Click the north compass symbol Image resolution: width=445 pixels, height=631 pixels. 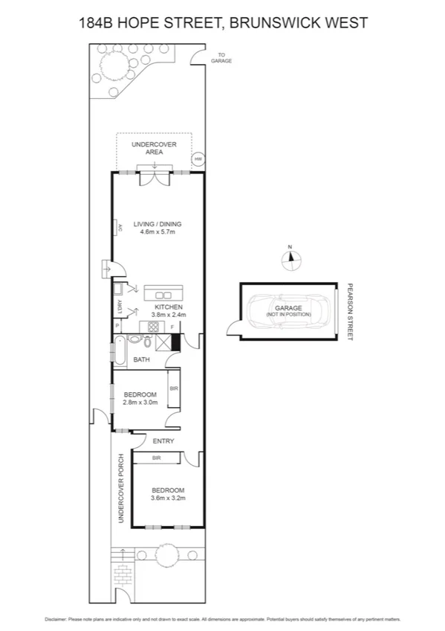coord(291,259)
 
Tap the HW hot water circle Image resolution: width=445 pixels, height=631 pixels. coord(198,159)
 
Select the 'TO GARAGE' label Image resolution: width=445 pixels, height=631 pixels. coord(221,57)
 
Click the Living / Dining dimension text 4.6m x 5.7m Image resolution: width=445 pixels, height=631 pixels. coord(157,232)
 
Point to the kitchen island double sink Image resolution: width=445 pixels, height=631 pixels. coord(163,290)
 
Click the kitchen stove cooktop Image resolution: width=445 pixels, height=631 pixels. coord(155,325)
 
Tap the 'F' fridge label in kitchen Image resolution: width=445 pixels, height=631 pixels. coord(172,327)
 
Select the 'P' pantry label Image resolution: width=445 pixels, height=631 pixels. coord(117,327)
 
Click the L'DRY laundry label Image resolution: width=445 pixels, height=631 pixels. coord(118,307)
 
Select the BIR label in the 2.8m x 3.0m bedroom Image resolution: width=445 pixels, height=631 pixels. coord(174,388)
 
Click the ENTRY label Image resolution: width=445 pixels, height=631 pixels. coord(163,441)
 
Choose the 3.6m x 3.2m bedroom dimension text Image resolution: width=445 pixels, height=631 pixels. coord(168,498)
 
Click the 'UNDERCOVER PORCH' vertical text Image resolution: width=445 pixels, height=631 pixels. coord(123,497)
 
